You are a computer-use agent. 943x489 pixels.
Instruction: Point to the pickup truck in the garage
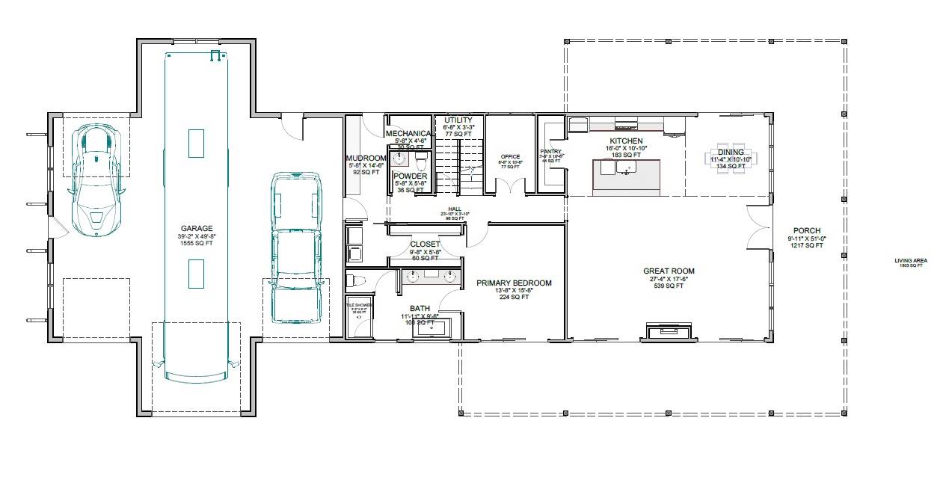(295, 247)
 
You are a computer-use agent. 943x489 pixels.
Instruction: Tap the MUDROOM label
(365, 159)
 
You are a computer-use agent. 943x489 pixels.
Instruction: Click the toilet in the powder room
(420, 162)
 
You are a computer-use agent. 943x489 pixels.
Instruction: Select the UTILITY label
(458, 120)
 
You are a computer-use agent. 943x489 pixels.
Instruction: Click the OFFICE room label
(510, 157)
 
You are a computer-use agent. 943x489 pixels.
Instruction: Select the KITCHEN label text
(626, 141)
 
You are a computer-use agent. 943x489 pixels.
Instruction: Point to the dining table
(731, 159)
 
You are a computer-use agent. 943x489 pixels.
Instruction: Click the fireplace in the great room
(669, 331)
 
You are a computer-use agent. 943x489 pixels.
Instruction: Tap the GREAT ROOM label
(669, 271)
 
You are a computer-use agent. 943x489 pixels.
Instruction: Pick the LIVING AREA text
(910, 261)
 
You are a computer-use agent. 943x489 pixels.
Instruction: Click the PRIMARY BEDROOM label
(514, 283)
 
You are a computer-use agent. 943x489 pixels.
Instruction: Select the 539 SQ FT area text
(669, 286)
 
